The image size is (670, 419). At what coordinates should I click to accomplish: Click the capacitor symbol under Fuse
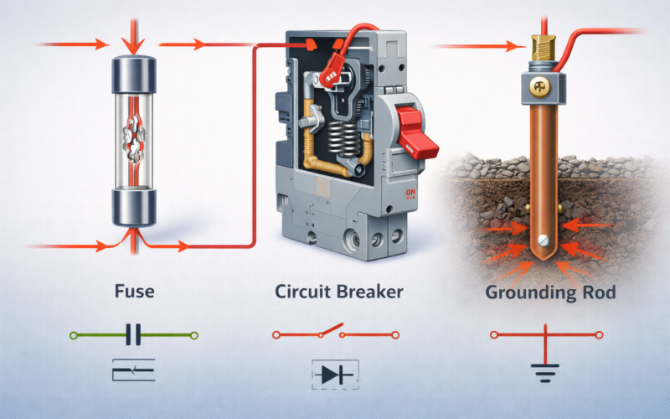point(133,336)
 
